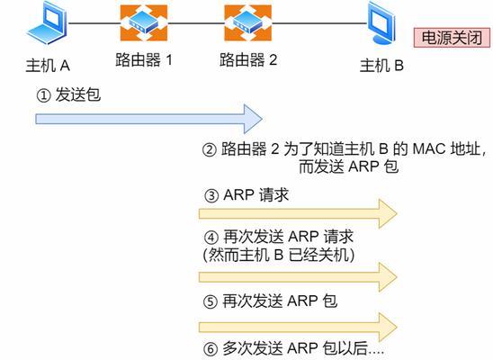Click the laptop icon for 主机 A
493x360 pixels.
coord(47,23)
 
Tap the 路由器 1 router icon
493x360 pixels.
coord(144,22)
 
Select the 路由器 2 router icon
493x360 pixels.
coord(247,22)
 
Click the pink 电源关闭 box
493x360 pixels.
coord(452,38)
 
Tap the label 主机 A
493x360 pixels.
coord(48,66)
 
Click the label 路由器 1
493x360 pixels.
coord(144,59)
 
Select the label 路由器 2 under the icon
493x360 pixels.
coord(248,59)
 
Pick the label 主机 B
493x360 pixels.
coord(381,66)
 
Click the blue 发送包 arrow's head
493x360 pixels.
coord(254,119)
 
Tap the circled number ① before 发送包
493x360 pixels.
coord(43,95)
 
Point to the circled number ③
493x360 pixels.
coord(211,195)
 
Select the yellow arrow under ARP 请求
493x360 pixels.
coord(298,214)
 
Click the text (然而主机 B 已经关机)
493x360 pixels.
coord(279,255)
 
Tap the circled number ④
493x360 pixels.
coord(211,237)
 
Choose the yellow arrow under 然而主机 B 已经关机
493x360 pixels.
coord(298,277)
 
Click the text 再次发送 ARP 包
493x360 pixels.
coord(280,301)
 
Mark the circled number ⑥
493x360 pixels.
coord(211,348)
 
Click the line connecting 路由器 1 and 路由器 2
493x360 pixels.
coord(196,23)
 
